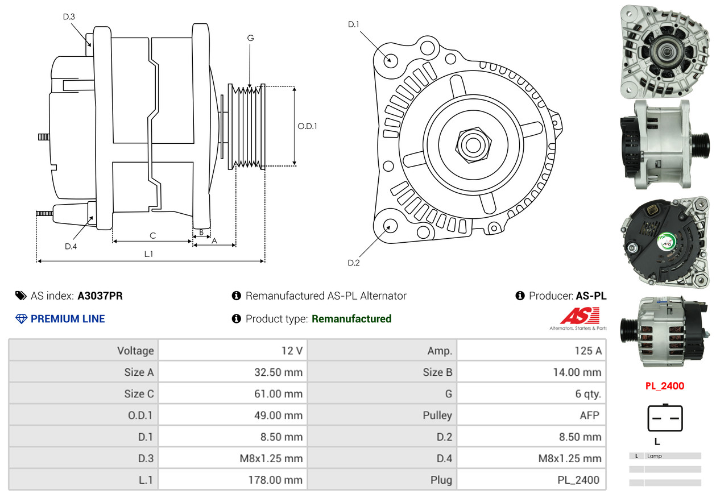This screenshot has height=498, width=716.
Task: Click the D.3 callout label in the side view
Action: [x=69, y=16]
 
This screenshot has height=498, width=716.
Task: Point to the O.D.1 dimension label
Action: [x=307, y=126]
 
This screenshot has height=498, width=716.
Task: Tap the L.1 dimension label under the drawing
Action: [x=148, y=254]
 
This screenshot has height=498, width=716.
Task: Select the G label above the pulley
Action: [x=250, y=38]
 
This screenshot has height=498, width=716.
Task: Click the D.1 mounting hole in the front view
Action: [x=391, y=60]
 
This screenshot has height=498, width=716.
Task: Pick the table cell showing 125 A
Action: [x=531, y=351]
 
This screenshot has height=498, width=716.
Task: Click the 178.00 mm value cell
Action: [x=233, y=480]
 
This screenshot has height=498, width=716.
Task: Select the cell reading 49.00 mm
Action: [x=233, y=416]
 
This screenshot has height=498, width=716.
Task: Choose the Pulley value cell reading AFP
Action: [x=531, y=416]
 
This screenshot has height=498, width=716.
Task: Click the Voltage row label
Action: [x=84, y=351]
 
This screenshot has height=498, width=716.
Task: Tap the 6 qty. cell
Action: [x=531, y=393]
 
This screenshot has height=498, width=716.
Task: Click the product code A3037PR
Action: [x=100, y=296]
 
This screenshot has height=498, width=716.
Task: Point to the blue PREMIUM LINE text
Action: [x=68, y=319]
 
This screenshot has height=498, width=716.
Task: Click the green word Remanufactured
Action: [x=351, y=319]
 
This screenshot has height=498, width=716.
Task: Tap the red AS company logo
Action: [x=580, y=316]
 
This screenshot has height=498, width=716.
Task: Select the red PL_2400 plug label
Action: [x=665, y=386]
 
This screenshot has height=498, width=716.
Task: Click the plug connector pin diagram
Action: [x=665, y=418]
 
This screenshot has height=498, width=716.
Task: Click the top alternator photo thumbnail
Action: [x=665, y=50]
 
